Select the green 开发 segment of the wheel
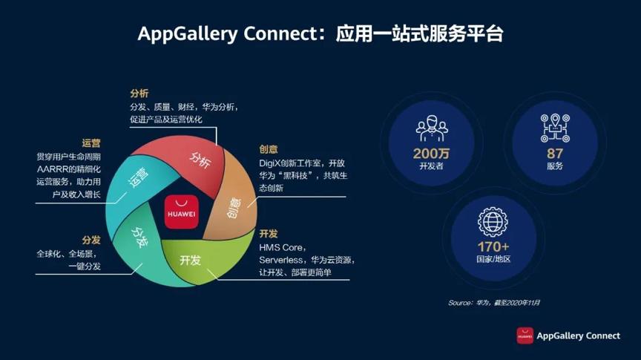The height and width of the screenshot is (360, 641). [191, 259]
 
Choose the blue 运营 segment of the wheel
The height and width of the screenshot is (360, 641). [139, 178]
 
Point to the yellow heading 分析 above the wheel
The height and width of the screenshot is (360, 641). [139, 94]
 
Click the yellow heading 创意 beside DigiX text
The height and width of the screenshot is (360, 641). [269, 149]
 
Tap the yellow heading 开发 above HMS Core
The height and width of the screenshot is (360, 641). [269, 233]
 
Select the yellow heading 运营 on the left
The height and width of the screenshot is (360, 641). [91, 143]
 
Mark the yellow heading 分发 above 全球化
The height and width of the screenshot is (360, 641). [91, 240]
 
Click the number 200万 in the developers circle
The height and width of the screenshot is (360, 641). [431, 154]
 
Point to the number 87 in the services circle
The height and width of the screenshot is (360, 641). [555, 153]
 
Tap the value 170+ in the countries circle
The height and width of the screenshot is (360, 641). [494, 246]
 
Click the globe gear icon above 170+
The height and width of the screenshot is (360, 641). [493, 220]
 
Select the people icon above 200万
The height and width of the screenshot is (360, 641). [431, 128]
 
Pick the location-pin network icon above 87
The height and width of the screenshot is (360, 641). [555, 128]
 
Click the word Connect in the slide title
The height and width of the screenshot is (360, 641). [277, 34]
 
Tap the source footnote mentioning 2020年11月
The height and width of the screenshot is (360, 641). [494, 303]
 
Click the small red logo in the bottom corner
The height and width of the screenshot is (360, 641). [525, 336]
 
